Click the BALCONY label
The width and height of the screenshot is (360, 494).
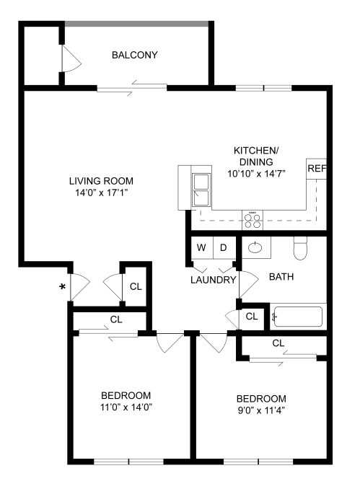[134, 55]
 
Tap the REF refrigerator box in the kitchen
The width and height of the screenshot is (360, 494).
[317, 169]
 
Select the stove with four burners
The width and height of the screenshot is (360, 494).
[252, 219]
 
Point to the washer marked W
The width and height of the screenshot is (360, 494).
[201, 248]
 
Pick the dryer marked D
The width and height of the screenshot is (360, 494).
[224, 248]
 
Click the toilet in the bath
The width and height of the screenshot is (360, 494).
[302, 250]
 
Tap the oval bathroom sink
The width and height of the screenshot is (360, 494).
[255, 248]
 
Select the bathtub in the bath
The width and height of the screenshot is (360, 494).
[298, 317]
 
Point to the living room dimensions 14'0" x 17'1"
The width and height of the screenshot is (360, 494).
[101, 193]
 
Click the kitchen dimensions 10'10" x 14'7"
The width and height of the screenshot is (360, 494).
[255, 174]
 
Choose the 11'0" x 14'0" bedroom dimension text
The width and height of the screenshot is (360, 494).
[126, 407]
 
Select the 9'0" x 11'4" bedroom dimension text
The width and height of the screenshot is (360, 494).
[261, 410]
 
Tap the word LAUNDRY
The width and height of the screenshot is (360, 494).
[213, 280]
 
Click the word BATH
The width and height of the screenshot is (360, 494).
[281, 276]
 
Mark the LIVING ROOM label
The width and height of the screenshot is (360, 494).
[101, 181]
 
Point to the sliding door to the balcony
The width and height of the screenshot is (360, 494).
[131, 89]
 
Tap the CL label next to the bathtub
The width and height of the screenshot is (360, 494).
[252, 316]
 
